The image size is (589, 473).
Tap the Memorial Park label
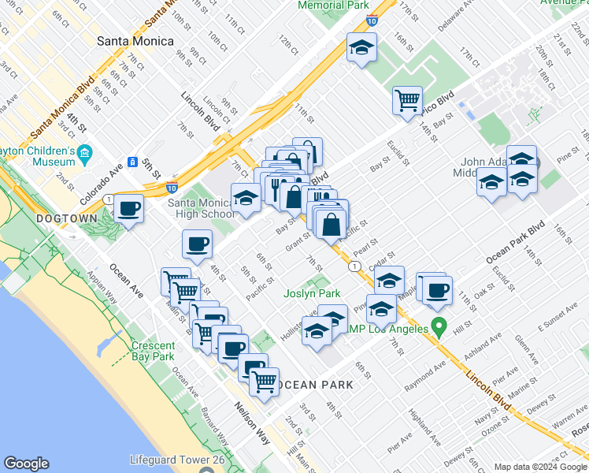click(335, 5)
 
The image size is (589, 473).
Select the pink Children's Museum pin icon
click(85, 151)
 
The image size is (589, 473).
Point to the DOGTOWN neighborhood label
click(66, 218)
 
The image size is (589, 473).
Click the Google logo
click(26, 464)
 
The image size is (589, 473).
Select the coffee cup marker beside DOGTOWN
click(128, 210)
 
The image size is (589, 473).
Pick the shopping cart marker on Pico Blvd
click(407, 100)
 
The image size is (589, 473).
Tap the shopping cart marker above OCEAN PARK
click(265, 382)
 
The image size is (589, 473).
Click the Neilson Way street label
click(252, 424)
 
